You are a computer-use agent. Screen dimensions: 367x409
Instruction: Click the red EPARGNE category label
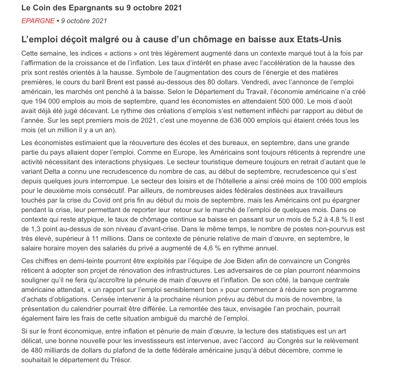pos(38,21)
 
